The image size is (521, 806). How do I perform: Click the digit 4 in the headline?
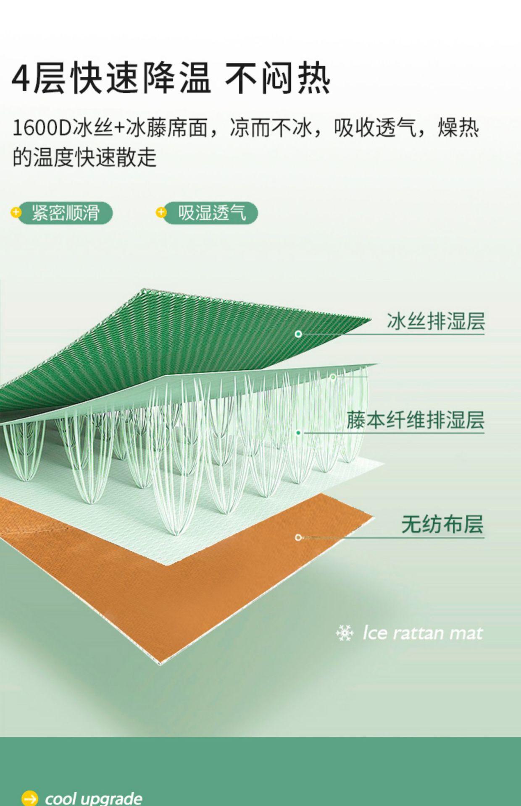coord(21,78)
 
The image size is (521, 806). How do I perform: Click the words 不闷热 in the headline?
coord(277,78)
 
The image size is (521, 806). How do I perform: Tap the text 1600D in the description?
coord(42,128)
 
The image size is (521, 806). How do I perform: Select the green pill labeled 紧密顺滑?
coord(66,213)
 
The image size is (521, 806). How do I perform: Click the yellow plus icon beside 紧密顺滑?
coord(16,212)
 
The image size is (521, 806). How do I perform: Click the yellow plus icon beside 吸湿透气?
coord(161,212)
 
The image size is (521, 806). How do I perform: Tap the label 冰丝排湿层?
coord(436,321)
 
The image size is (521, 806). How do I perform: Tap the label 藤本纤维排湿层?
coord(415,420)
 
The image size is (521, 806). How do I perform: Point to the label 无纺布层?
coord(442,524)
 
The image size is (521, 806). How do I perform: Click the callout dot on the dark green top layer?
coord(298,334)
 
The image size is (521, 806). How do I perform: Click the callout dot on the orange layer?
coord(298,537)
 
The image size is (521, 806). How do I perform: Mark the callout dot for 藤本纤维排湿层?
coord(298,432)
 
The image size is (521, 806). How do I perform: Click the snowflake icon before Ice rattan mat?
coord(345,633)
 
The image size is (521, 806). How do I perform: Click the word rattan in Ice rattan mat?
coord(418,633)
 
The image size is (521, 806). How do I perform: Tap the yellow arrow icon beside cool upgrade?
coord(30,798)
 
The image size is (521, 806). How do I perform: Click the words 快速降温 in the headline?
coord(141,78)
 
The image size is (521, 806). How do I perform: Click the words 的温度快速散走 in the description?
coord(84,158)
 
